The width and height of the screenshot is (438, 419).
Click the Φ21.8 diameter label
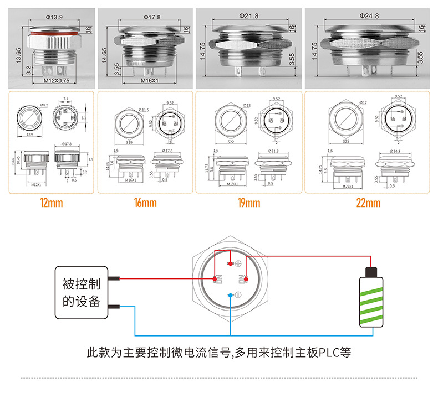click(249, 17)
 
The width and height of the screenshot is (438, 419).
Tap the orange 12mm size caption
click(51, 203)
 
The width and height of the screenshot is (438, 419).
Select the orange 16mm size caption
click(145, 203)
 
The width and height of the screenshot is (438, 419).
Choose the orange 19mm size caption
click(249, 203)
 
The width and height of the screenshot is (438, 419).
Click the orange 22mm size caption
click(368, 203)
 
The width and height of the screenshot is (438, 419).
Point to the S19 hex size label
click(129, 142)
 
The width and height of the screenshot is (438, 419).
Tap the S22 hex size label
click(231, 142)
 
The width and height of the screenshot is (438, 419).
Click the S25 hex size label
click(345, 142)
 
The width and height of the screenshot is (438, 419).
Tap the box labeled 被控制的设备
click(81, 293)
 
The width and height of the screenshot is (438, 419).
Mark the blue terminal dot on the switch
click(230, 296)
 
